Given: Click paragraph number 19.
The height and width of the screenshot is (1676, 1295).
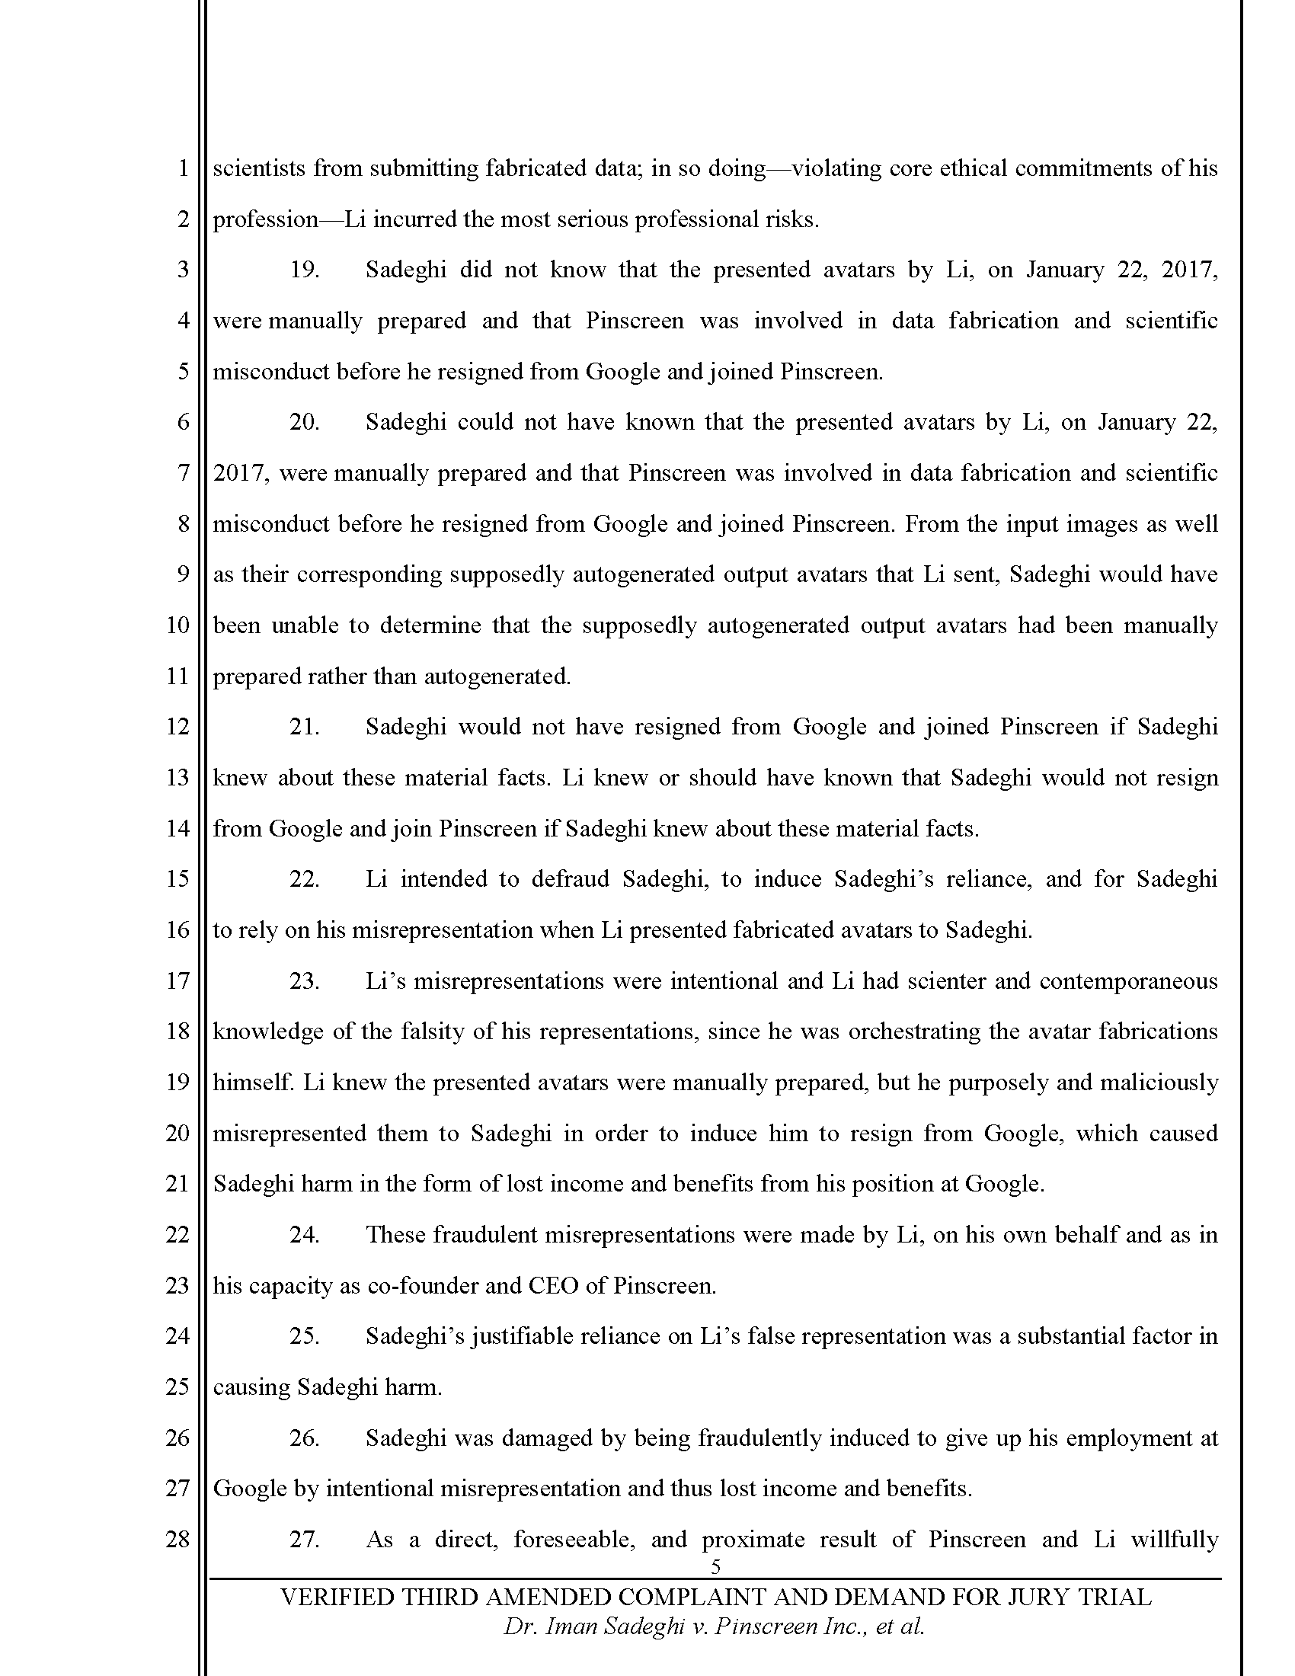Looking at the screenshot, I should (x=304, y=270).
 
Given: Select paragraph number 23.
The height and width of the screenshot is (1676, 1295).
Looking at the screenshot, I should (x=304, y=981).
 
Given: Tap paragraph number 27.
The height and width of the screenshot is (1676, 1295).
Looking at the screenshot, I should (x=304, y=1540).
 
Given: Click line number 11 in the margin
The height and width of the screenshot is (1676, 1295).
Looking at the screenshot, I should (x=177, y=676).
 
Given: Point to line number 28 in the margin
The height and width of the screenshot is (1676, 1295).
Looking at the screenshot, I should (x=177, y=1540).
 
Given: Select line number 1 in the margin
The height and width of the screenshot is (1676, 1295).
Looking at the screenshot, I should (x=183, y=168).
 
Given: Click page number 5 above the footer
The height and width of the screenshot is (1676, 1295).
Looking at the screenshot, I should (x=716, y=1566).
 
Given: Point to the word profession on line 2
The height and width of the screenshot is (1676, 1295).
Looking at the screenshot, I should (x=264, y=220).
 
